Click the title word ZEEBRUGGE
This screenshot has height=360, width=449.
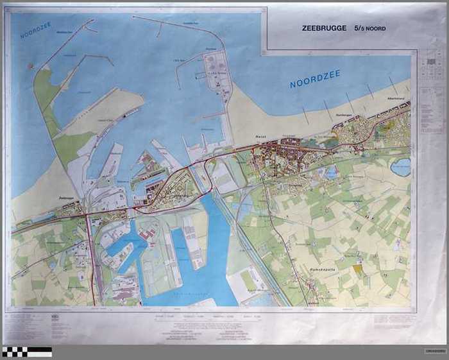(x=324, y=28)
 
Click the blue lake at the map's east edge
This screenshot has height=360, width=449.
(x=401, y=167)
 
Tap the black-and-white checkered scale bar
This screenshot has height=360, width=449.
(x=26, y=351)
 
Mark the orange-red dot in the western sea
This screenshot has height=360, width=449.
(x=30, y=65)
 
